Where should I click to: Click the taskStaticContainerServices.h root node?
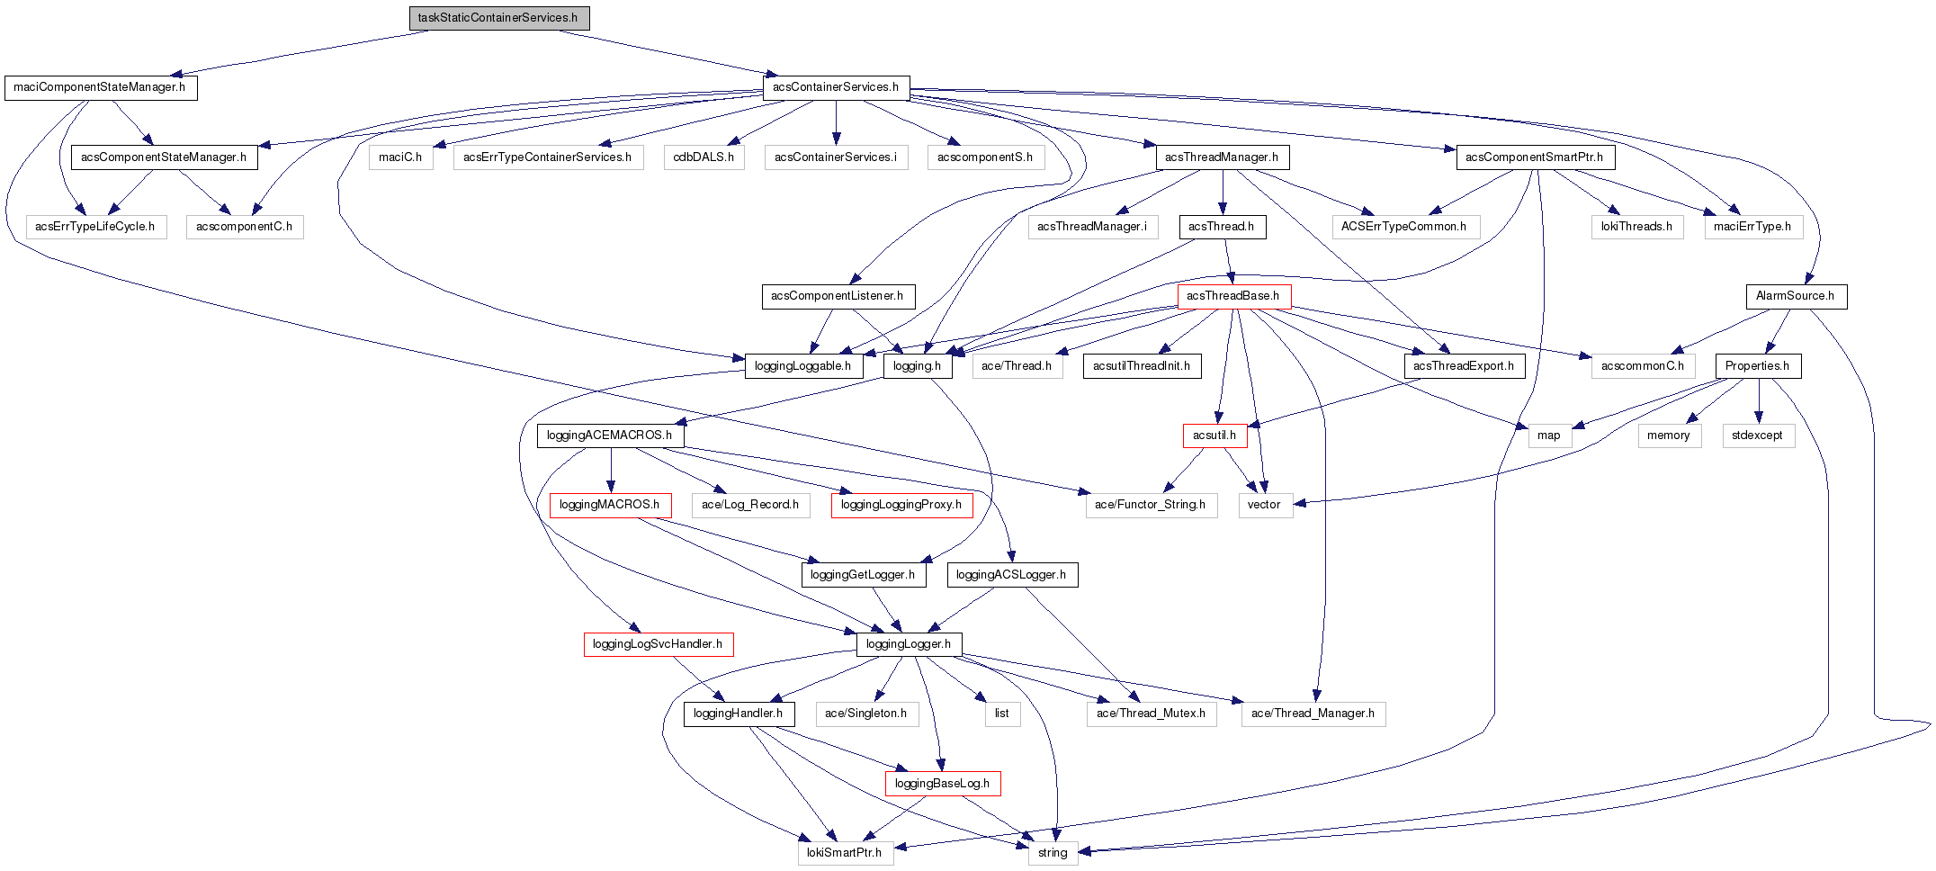(x=499, y=18)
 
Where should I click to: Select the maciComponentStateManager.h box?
(x=101, y=88)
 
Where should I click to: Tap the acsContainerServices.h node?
(x=836, y=87)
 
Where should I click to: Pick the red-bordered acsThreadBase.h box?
(x=1233, y=296)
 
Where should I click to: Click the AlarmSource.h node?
(x=1796, y=296)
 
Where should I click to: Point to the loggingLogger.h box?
(x=909, y=644)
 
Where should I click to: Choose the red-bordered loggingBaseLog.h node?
(x=942, y=784)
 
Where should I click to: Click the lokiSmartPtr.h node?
(x=845, y=853)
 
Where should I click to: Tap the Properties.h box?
(x=1758, y=366)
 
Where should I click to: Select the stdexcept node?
(x=1758, y=435)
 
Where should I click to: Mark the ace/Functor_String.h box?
(x=1151, y=505)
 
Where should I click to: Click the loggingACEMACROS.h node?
(x=610, y=435)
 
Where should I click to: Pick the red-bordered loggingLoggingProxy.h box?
(x=901, y=505)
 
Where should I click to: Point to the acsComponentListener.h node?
(x=838, y=296)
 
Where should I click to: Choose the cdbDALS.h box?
(x=704, y=157)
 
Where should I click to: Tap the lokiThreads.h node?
(x=1636, y=227)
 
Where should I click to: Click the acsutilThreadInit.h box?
(x=1142, y=366)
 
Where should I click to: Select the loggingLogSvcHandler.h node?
(x=658, y=644)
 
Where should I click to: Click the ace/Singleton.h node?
(x=866, y=714)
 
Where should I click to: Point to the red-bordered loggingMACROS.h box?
(x=610, y=505)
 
